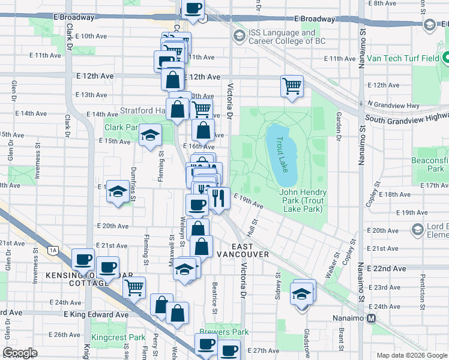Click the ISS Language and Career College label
(282, 37)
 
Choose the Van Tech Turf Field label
(403, 58)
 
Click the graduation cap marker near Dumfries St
(118, 192)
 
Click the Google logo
(21, 353)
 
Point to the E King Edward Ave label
(96, 314)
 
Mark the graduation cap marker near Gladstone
(302, 294)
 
